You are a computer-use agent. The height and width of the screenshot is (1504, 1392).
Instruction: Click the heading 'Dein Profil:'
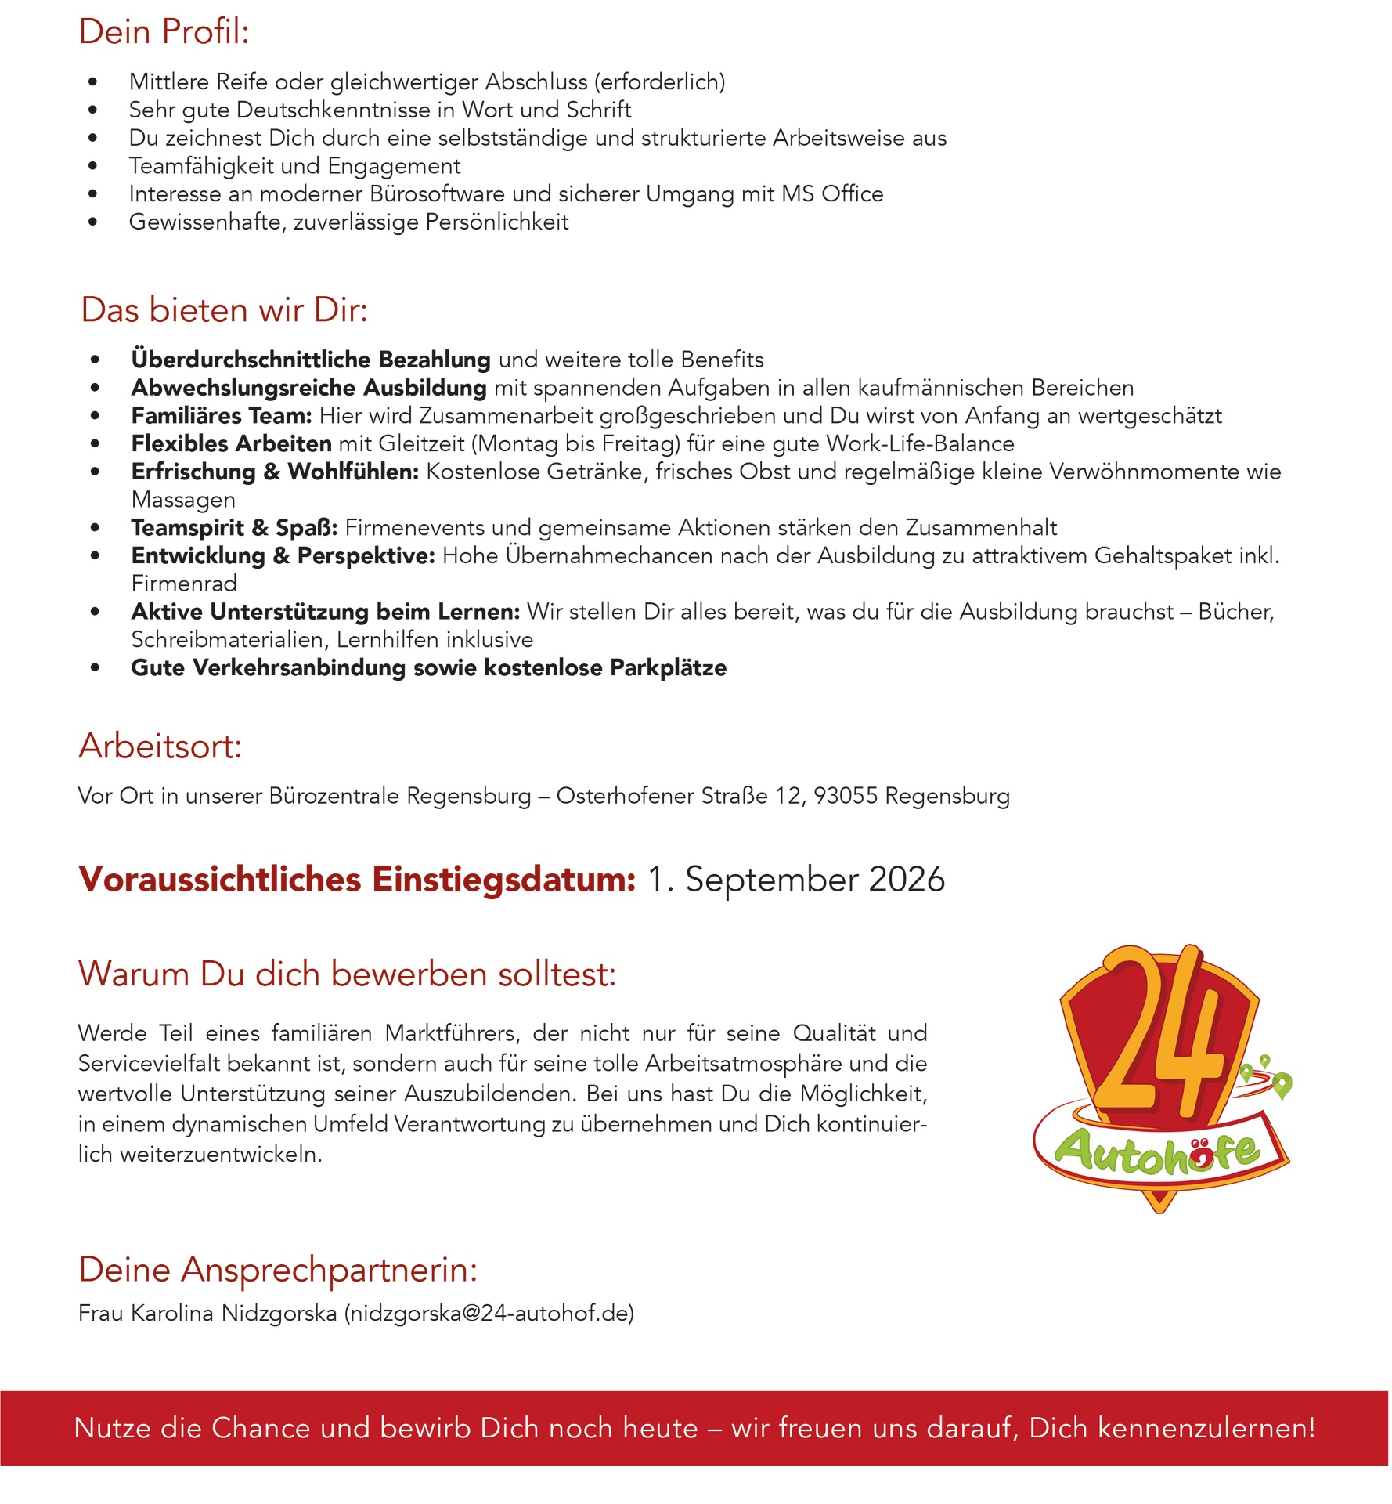[164, 32]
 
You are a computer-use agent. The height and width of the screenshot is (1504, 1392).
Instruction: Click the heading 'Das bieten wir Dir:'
[224, 310]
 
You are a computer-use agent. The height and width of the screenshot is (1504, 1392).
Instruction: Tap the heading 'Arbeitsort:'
[160, 746]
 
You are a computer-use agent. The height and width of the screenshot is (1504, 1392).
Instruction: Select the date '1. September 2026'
[796, 880]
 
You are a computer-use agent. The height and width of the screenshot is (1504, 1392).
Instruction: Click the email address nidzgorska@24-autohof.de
[489, 1313]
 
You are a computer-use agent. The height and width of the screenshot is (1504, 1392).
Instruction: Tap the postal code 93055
[846, 796]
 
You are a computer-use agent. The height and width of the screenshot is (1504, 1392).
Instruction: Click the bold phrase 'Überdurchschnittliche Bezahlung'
[311, 360]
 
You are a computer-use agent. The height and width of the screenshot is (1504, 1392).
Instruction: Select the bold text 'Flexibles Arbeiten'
[232, 444]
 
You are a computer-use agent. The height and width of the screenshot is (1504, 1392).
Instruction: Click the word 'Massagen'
[183, 500]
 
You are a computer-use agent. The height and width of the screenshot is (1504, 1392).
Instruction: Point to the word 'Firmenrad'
[184, 584]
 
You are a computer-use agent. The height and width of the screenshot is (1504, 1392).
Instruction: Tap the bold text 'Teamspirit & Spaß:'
[234, 528]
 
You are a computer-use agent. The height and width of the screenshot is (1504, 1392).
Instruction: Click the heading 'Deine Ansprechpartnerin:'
[278, 1270]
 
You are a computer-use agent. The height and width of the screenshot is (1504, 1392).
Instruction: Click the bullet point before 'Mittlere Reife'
[93, 82]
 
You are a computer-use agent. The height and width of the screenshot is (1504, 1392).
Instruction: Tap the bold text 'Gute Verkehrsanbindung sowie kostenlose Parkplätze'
[428, 668]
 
